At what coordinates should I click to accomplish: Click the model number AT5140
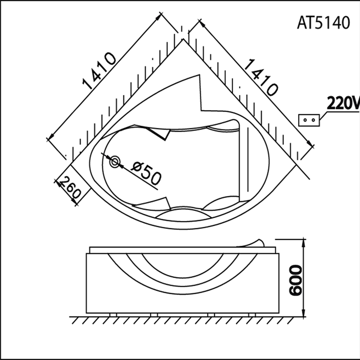(x=323, y=23)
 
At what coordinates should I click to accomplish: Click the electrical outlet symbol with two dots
(x=309, y=120)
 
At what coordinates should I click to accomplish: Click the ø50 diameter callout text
(x=147, y=173)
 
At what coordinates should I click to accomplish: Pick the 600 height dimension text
(x=295, y=279)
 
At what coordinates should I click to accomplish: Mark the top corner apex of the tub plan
(x=183, y=40)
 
